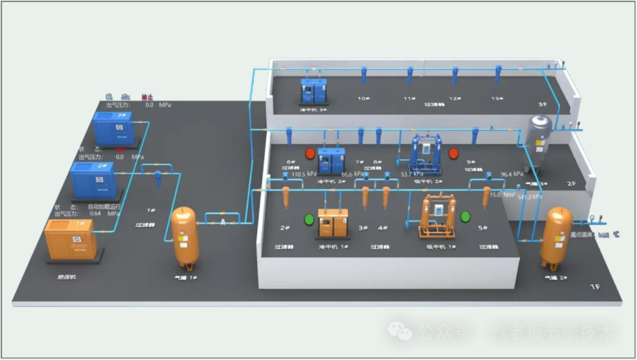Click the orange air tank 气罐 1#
[x=185, y=237]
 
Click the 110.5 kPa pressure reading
[x=305, y=173]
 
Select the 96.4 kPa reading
[x=511, y=174]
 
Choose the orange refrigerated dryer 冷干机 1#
[x=334, y=222]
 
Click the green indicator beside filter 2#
[x=309, y=219]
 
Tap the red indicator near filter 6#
[x=311, y=154]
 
